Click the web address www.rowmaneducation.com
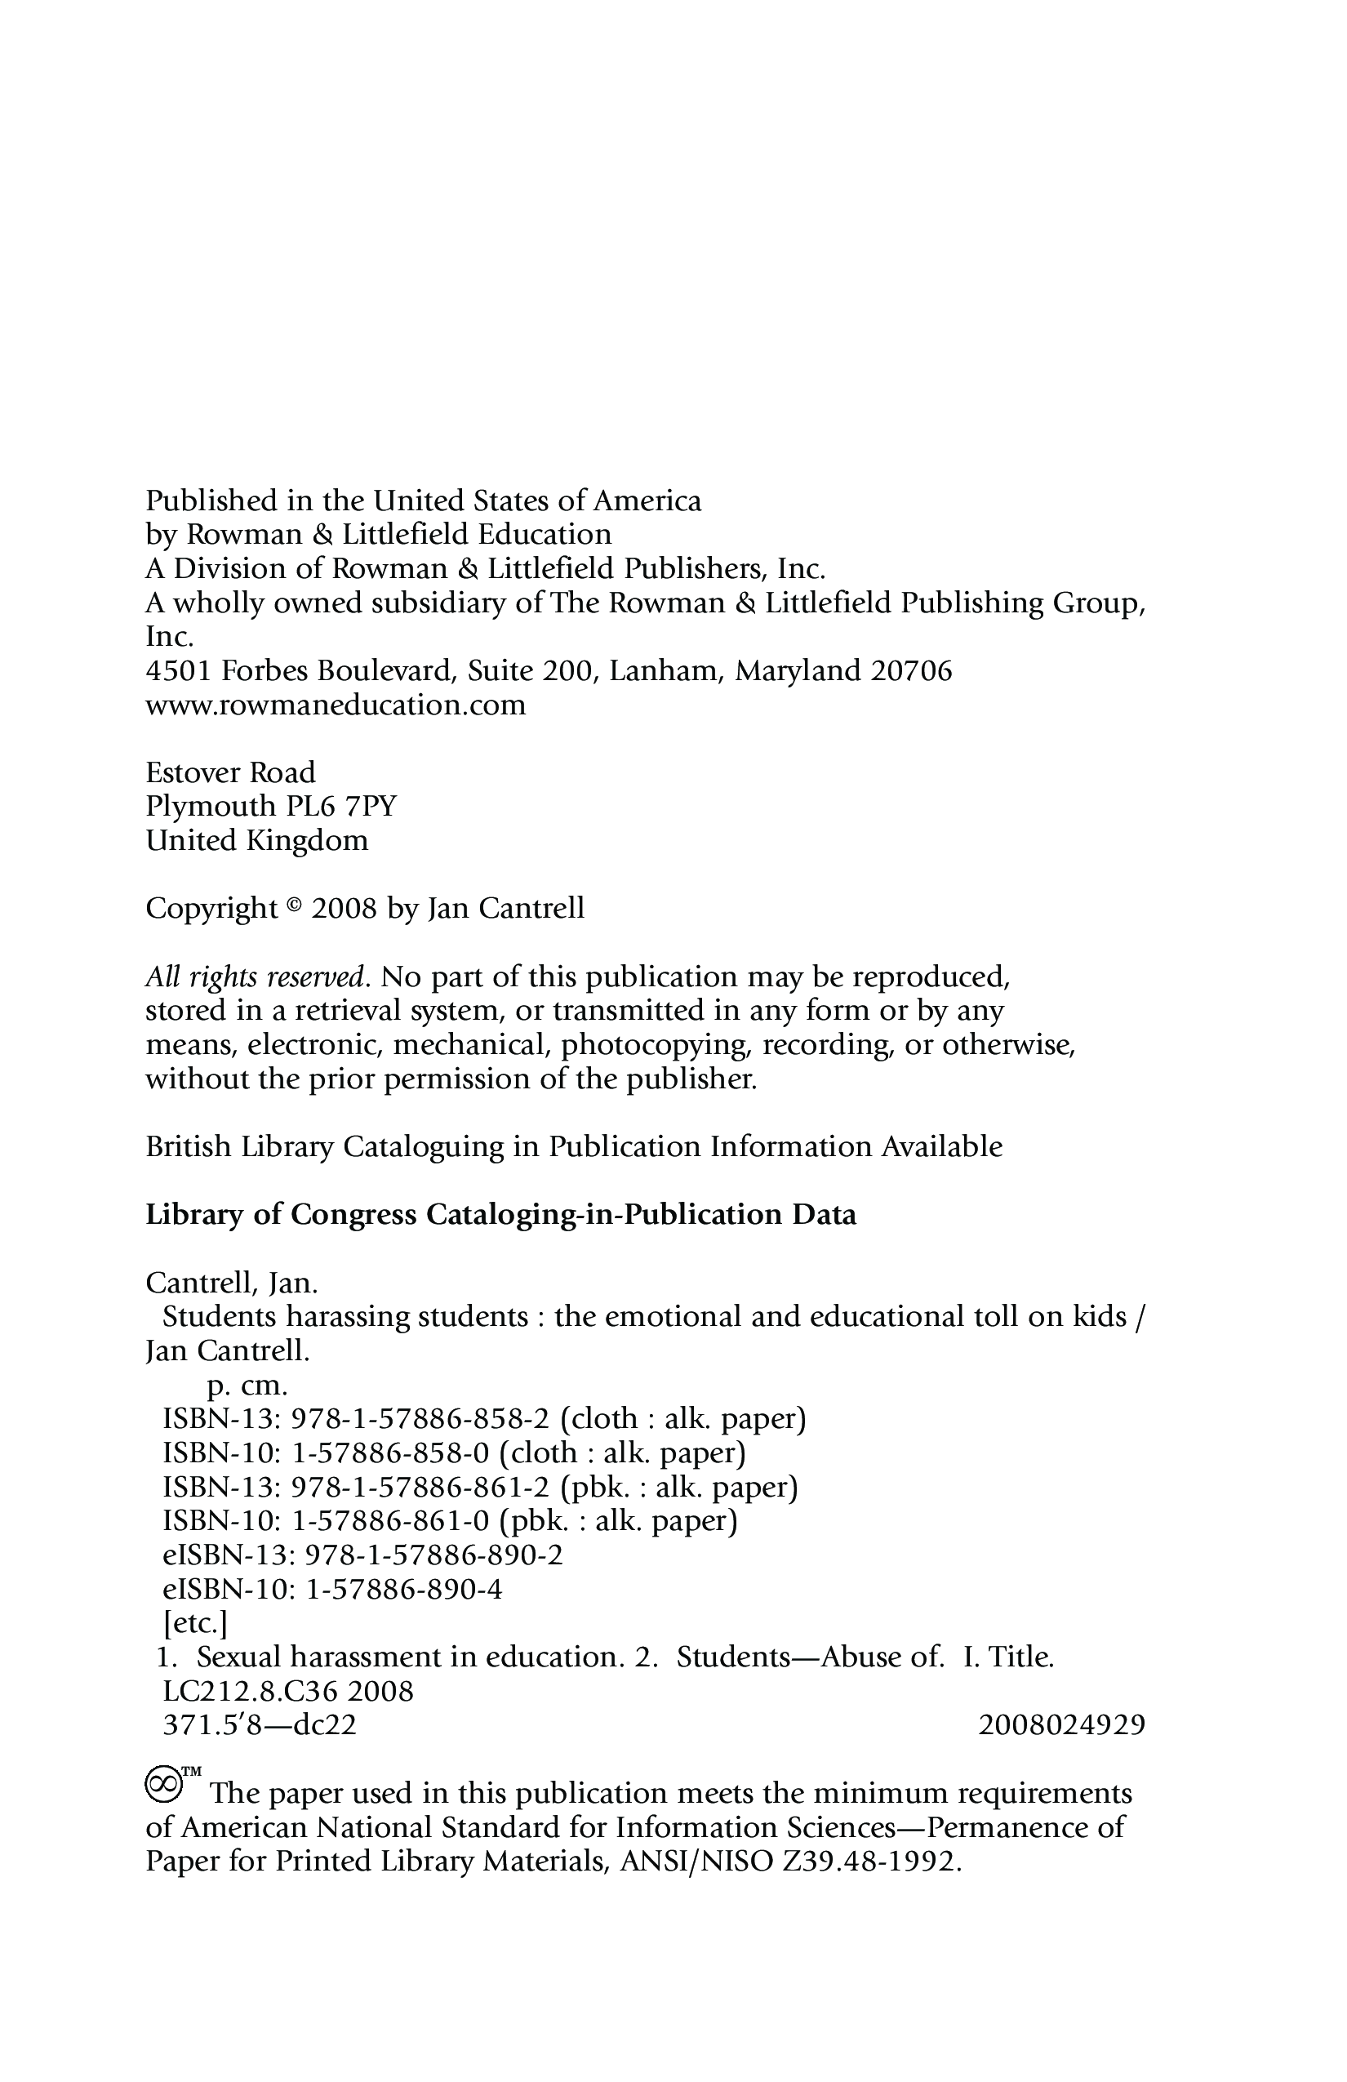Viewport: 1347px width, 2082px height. (x=336, y=705)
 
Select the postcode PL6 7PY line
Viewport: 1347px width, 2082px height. (x=271, y=806)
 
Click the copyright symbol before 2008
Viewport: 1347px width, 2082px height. (x=294, y=906)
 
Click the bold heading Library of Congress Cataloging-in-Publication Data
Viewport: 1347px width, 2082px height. (x=500, y=1215)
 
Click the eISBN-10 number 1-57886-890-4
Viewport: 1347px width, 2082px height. (x=404, y=1590)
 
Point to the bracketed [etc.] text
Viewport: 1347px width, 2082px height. (x=195, y=1624)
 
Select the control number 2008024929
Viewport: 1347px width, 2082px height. (x=1061, y=1725)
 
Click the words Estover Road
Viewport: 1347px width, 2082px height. (x=230, y=772)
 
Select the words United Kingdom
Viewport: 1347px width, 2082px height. (x=256, y=841)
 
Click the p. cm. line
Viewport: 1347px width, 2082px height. (x=247, y=1386)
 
